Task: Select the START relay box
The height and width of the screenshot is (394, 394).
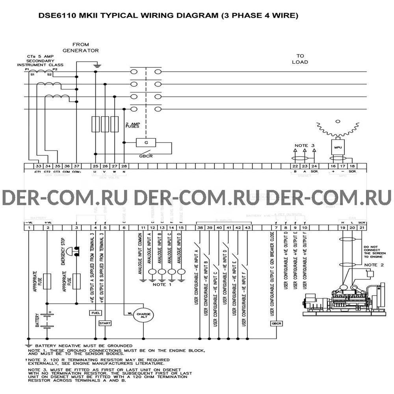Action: tap(105, 323)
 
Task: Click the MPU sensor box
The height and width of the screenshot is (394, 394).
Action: tap(338, 147)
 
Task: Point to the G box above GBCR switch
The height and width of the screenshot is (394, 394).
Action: tap(145, 142)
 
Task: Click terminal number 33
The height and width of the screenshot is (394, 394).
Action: tap(38, 167)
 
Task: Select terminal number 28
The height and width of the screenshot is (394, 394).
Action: tap(124, 167)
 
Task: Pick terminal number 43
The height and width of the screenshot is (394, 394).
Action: tap(247, 228)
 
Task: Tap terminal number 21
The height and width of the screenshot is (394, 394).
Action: tap(362, 228)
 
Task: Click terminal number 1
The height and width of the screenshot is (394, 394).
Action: tap(29, 228)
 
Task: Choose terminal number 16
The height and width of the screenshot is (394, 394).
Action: tap(333, 167)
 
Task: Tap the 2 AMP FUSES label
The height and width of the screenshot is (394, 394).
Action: tap(132, 125)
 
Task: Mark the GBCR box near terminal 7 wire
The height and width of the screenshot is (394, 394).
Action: tap(275, 323)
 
